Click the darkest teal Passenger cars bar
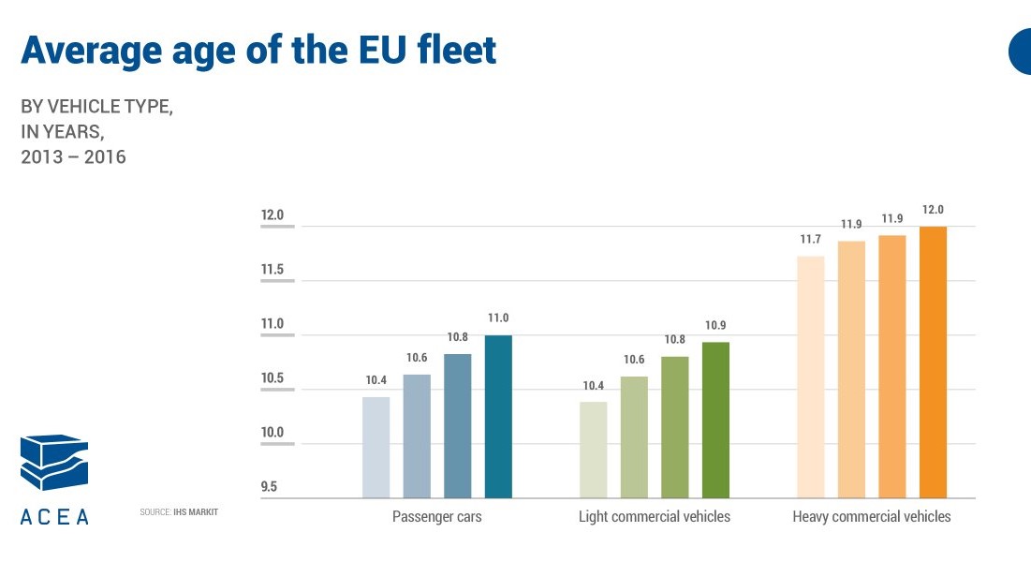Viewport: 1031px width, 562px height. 498,417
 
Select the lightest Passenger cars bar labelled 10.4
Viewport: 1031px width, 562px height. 376,448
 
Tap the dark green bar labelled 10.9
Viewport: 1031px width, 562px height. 715,420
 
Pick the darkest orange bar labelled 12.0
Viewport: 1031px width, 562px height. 933,362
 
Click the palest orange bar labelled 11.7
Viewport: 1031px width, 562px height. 811,377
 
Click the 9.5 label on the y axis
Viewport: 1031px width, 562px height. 269,487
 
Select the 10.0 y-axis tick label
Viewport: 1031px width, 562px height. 272,433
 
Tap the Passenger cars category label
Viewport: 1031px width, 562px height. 437,517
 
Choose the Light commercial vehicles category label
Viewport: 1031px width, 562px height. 655,517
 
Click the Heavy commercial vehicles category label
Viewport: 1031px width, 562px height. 872,517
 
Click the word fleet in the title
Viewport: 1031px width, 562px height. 457,50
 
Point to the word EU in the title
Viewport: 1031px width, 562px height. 382,51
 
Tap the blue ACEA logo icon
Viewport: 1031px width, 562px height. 54,462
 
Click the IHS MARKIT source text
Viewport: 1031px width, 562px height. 196,512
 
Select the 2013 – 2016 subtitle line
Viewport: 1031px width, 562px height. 73,157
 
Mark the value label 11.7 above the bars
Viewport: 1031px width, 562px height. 811,240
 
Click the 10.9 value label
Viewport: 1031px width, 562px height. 715,325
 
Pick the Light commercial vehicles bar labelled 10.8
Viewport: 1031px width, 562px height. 674,427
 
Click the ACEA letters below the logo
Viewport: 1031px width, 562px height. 54,517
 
